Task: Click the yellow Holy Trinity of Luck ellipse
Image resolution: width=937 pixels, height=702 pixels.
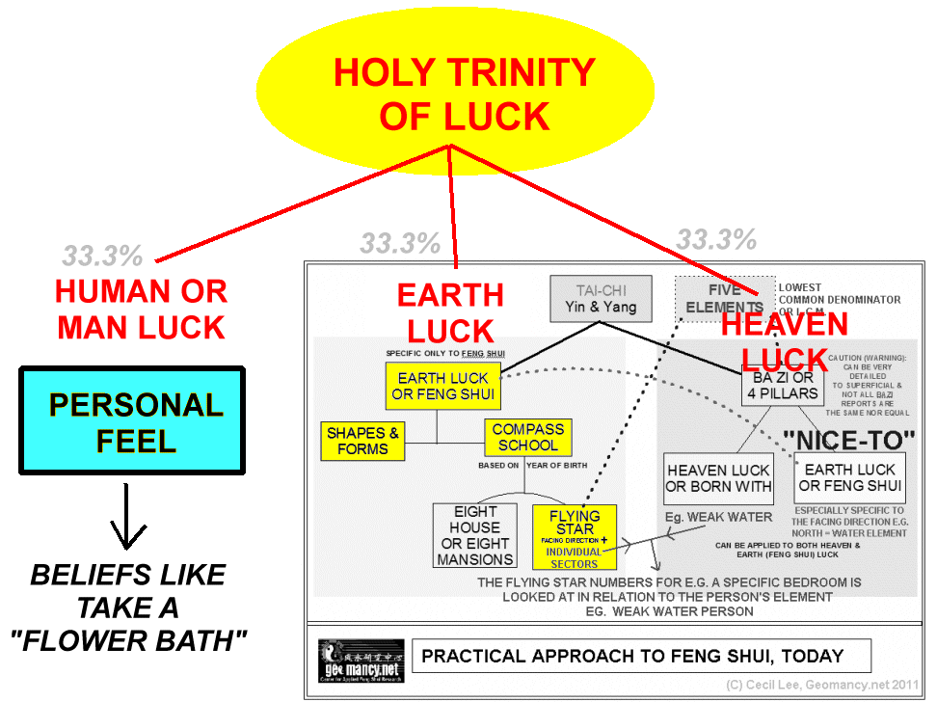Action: [x=464, y=94]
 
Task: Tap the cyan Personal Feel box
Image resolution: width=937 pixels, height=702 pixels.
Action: [x=133, y=420]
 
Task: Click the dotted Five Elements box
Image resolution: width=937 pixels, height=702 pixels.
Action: [x=724, y=297]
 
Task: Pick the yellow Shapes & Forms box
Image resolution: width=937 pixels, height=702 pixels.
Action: [x=362, y=441]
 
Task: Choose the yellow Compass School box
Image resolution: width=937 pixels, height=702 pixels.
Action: [x=527, y=437]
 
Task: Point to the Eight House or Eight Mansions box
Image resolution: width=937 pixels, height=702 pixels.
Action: [x=475, y=535]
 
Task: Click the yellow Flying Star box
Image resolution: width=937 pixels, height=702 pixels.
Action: [x=575, y=535]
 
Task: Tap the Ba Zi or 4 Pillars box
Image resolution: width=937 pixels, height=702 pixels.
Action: [x=783, y=386]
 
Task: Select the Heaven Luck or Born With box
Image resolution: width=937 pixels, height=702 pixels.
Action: [x=718, y=477]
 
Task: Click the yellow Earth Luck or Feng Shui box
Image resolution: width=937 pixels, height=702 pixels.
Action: [x=445, y=386]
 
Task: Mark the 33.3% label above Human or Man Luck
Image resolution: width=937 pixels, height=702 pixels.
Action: [x=103, y=256]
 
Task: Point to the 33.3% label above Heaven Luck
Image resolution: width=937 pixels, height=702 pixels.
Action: [x=715, y=239]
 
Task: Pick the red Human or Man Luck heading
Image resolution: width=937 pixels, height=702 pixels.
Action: [x=141, y=309]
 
